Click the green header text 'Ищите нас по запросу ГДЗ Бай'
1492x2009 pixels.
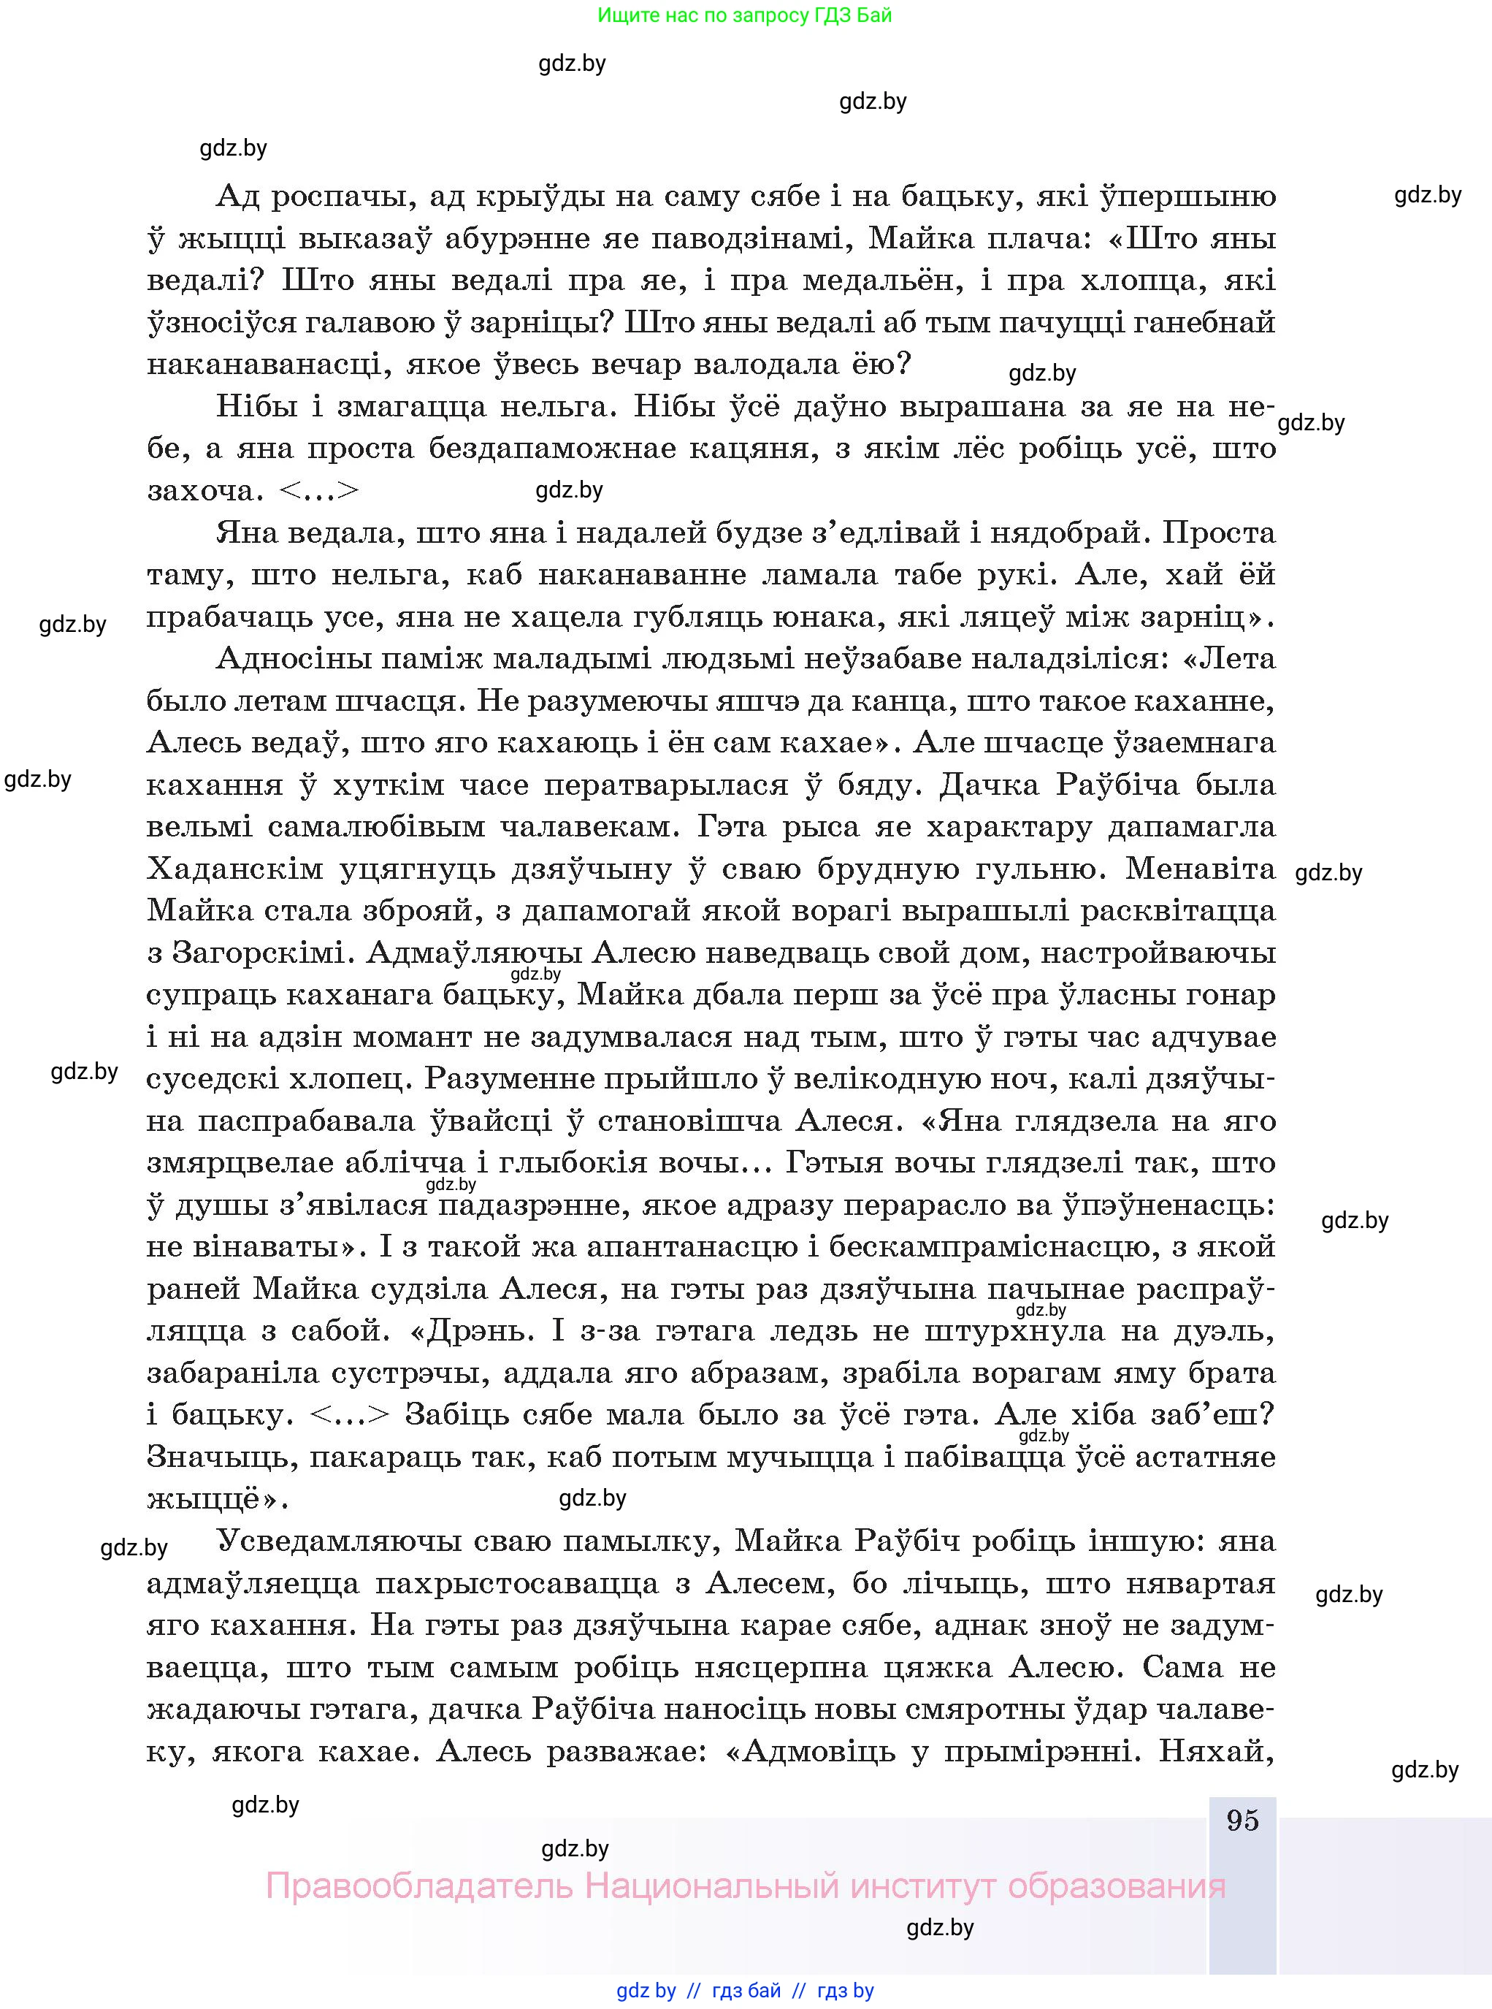(744, 15)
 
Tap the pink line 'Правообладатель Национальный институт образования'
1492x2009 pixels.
(745, 1886)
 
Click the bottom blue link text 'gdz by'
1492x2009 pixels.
(646, 1990)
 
